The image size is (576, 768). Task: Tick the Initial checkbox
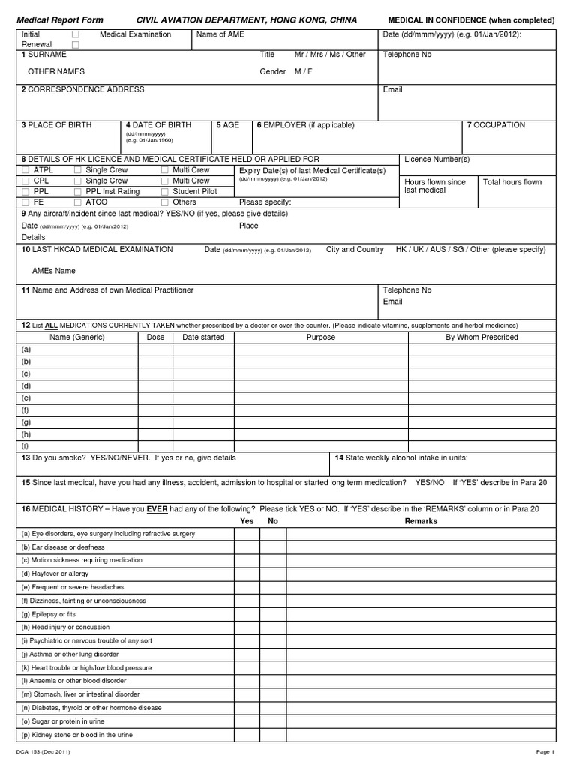[75, 34]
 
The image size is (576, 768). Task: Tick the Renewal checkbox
[75, 45]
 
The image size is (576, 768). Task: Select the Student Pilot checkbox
[165, 191]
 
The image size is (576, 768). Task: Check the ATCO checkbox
[78, 202]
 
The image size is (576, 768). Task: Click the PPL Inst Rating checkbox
[78, 191]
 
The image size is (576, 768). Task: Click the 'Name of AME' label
[220, 34]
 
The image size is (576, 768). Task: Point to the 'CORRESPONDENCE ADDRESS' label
[85, 89]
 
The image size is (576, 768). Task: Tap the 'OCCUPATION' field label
[499, 125]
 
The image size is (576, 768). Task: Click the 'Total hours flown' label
[512, 182]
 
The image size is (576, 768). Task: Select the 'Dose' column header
[155, 337]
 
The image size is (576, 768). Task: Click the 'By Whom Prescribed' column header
[481, 337]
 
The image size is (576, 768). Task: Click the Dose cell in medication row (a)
[155, 349]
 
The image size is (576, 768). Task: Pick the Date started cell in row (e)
[203, 397]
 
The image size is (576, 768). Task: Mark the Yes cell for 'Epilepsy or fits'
[247, 613]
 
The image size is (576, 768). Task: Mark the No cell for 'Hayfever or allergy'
[272, 574]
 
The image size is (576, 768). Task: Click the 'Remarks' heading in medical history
[421, 520]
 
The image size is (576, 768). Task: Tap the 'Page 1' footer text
[544, 751]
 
